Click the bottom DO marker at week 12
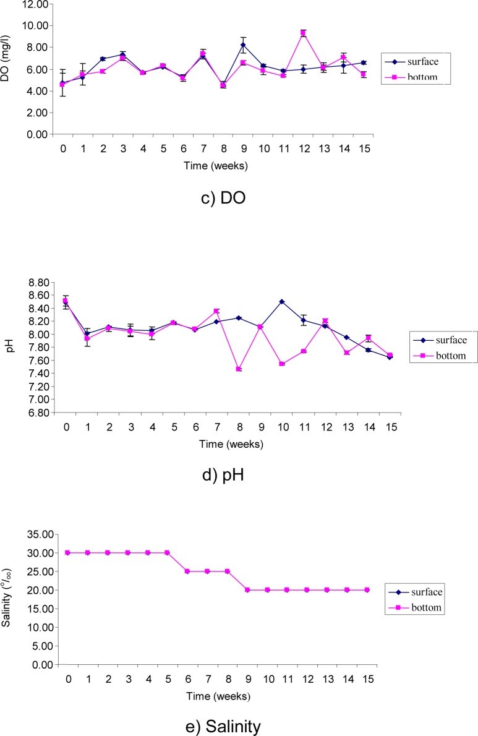click(304, 33)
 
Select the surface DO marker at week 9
click(244, 45)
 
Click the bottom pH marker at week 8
click(239, 369)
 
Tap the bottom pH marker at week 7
click(216, 311)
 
